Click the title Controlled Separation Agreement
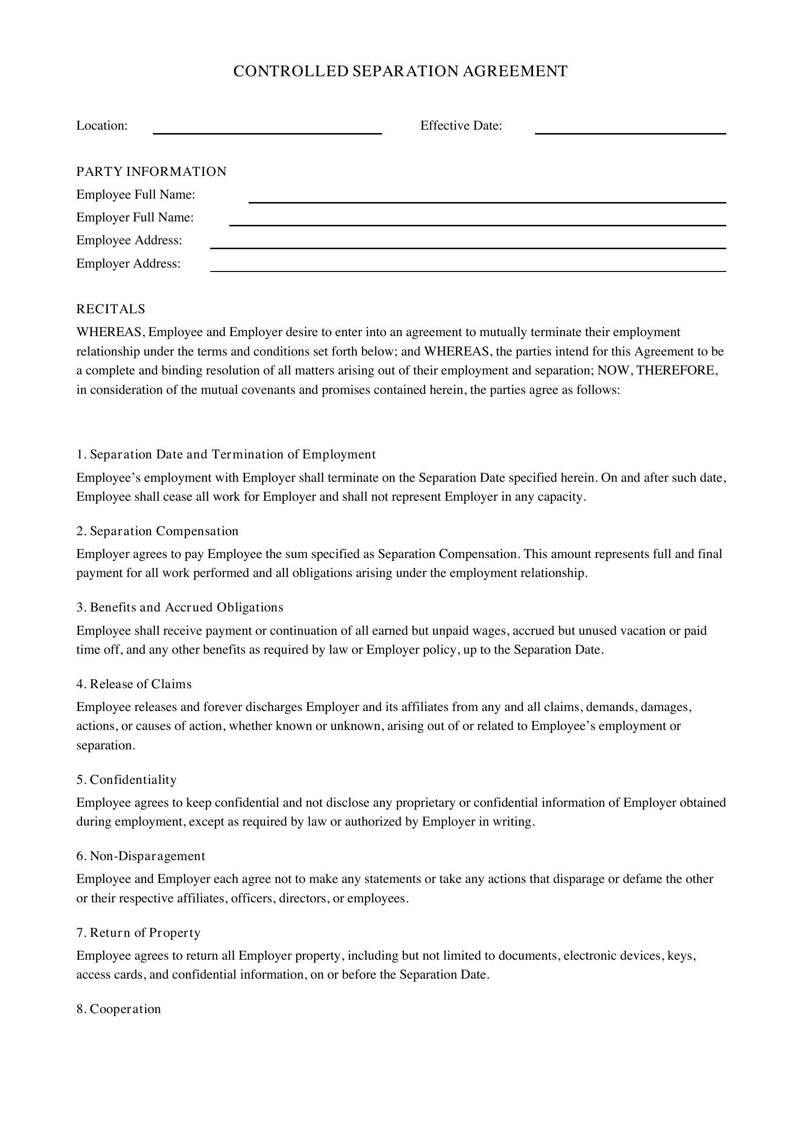400,71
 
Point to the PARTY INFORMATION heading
151,171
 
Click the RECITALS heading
111,309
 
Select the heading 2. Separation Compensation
157,531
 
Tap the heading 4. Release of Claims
134,684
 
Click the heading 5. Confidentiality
127,780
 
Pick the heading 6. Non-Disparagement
141,856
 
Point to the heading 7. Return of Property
138,933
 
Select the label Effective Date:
461,126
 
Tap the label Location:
102,126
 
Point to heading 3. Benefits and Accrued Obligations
180,607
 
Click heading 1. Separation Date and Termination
226,454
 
